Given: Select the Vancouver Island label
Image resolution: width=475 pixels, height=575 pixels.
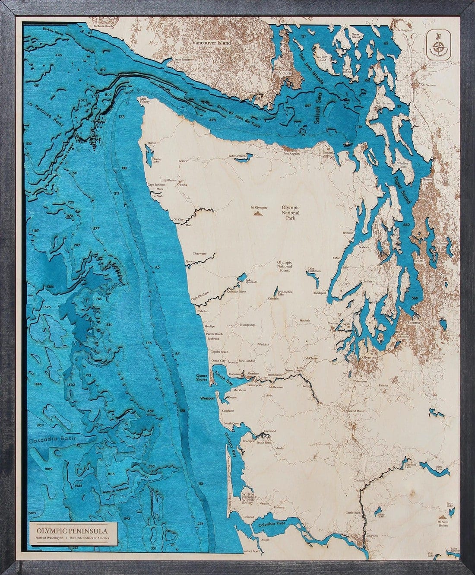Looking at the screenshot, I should point(212,43).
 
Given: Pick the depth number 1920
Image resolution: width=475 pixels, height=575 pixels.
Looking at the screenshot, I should point(41,425).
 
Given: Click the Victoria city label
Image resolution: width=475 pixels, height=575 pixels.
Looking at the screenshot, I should point(285,74).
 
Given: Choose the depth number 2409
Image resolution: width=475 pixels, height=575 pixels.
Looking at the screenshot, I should point(32,513).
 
